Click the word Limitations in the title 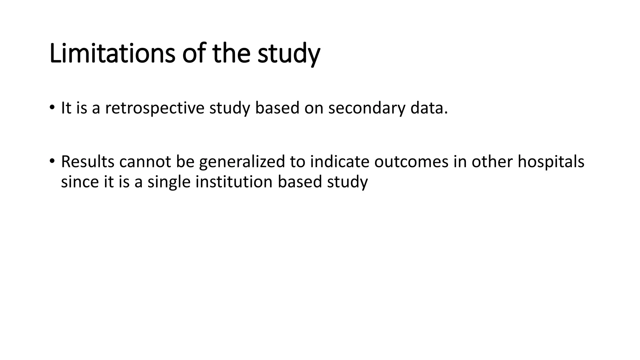click(112, 53)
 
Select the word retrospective click(154, 108)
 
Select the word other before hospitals click(492, 162)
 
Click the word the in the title click(231, 53)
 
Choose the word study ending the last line click(347, 182)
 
